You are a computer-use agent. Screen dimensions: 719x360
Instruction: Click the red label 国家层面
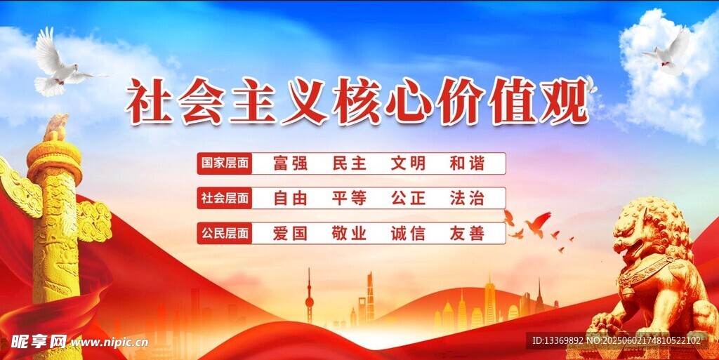225,164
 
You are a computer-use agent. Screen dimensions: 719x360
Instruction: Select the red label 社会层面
225,199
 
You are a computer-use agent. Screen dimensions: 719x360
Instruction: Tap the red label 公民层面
225,233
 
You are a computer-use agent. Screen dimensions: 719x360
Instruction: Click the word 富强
290,164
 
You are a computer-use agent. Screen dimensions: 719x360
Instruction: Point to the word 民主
350,164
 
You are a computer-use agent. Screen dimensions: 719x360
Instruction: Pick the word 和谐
467,164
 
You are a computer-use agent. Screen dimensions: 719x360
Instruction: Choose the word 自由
290,199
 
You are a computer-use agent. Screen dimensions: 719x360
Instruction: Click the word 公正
408,199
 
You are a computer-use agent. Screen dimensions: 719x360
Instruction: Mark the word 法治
467,199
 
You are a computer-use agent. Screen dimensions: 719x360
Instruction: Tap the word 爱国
290,234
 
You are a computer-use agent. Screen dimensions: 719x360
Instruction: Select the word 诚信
408,234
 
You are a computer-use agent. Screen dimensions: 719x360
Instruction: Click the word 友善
467,234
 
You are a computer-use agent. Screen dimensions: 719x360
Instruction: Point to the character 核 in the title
356,101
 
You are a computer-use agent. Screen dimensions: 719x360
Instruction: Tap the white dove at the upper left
64,63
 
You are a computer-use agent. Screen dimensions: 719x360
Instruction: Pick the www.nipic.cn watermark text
109,342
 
